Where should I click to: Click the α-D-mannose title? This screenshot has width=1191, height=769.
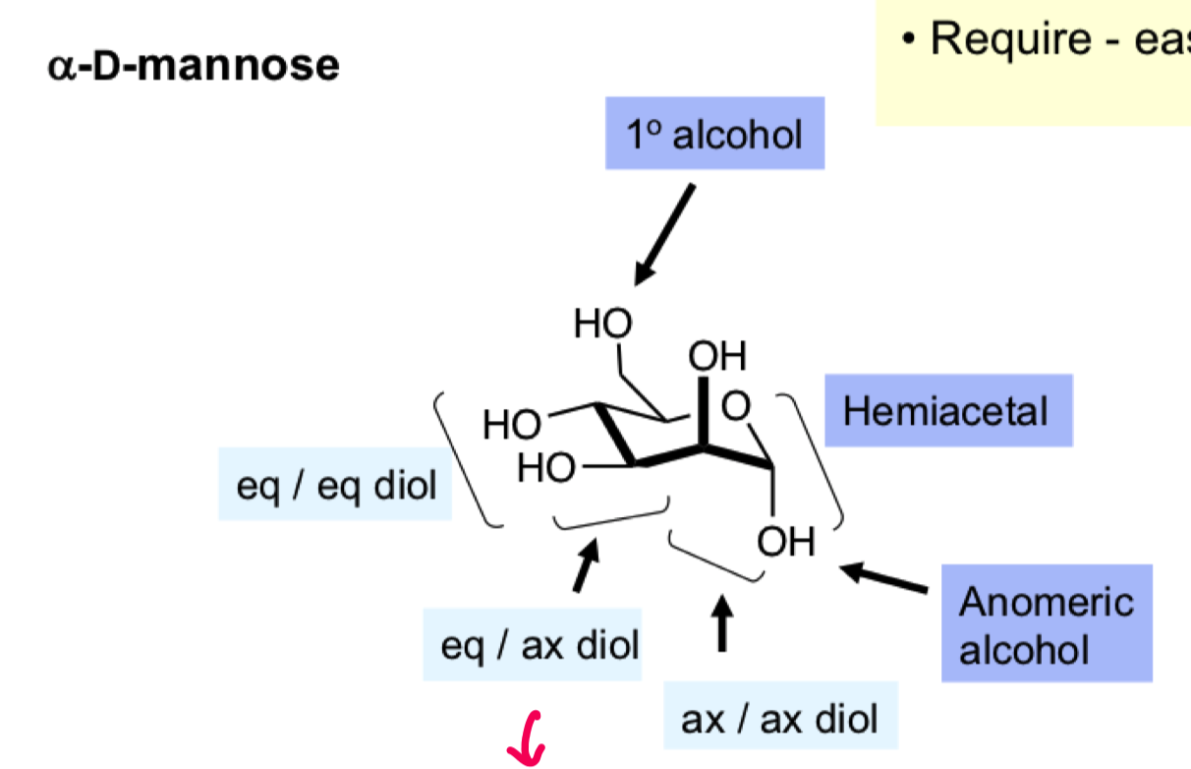194,65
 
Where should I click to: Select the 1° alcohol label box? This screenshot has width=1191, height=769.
714,134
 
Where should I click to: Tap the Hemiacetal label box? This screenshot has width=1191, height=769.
947,410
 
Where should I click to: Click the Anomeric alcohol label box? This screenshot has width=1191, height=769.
1046,623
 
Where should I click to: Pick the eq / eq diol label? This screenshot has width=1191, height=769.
335,484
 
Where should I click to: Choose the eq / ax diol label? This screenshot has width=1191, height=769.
532,645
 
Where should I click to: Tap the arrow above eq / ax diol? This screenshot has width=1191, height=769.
586,567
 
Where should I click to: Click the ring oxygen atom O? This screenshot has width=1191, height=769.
735,404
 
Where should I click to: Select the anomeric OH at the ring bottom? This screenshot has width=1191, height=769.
785,540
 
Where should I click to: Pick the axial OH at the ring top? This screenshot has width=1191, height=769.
717,355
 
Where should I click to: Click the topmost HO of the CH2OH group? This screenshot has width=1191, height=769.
603,323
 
